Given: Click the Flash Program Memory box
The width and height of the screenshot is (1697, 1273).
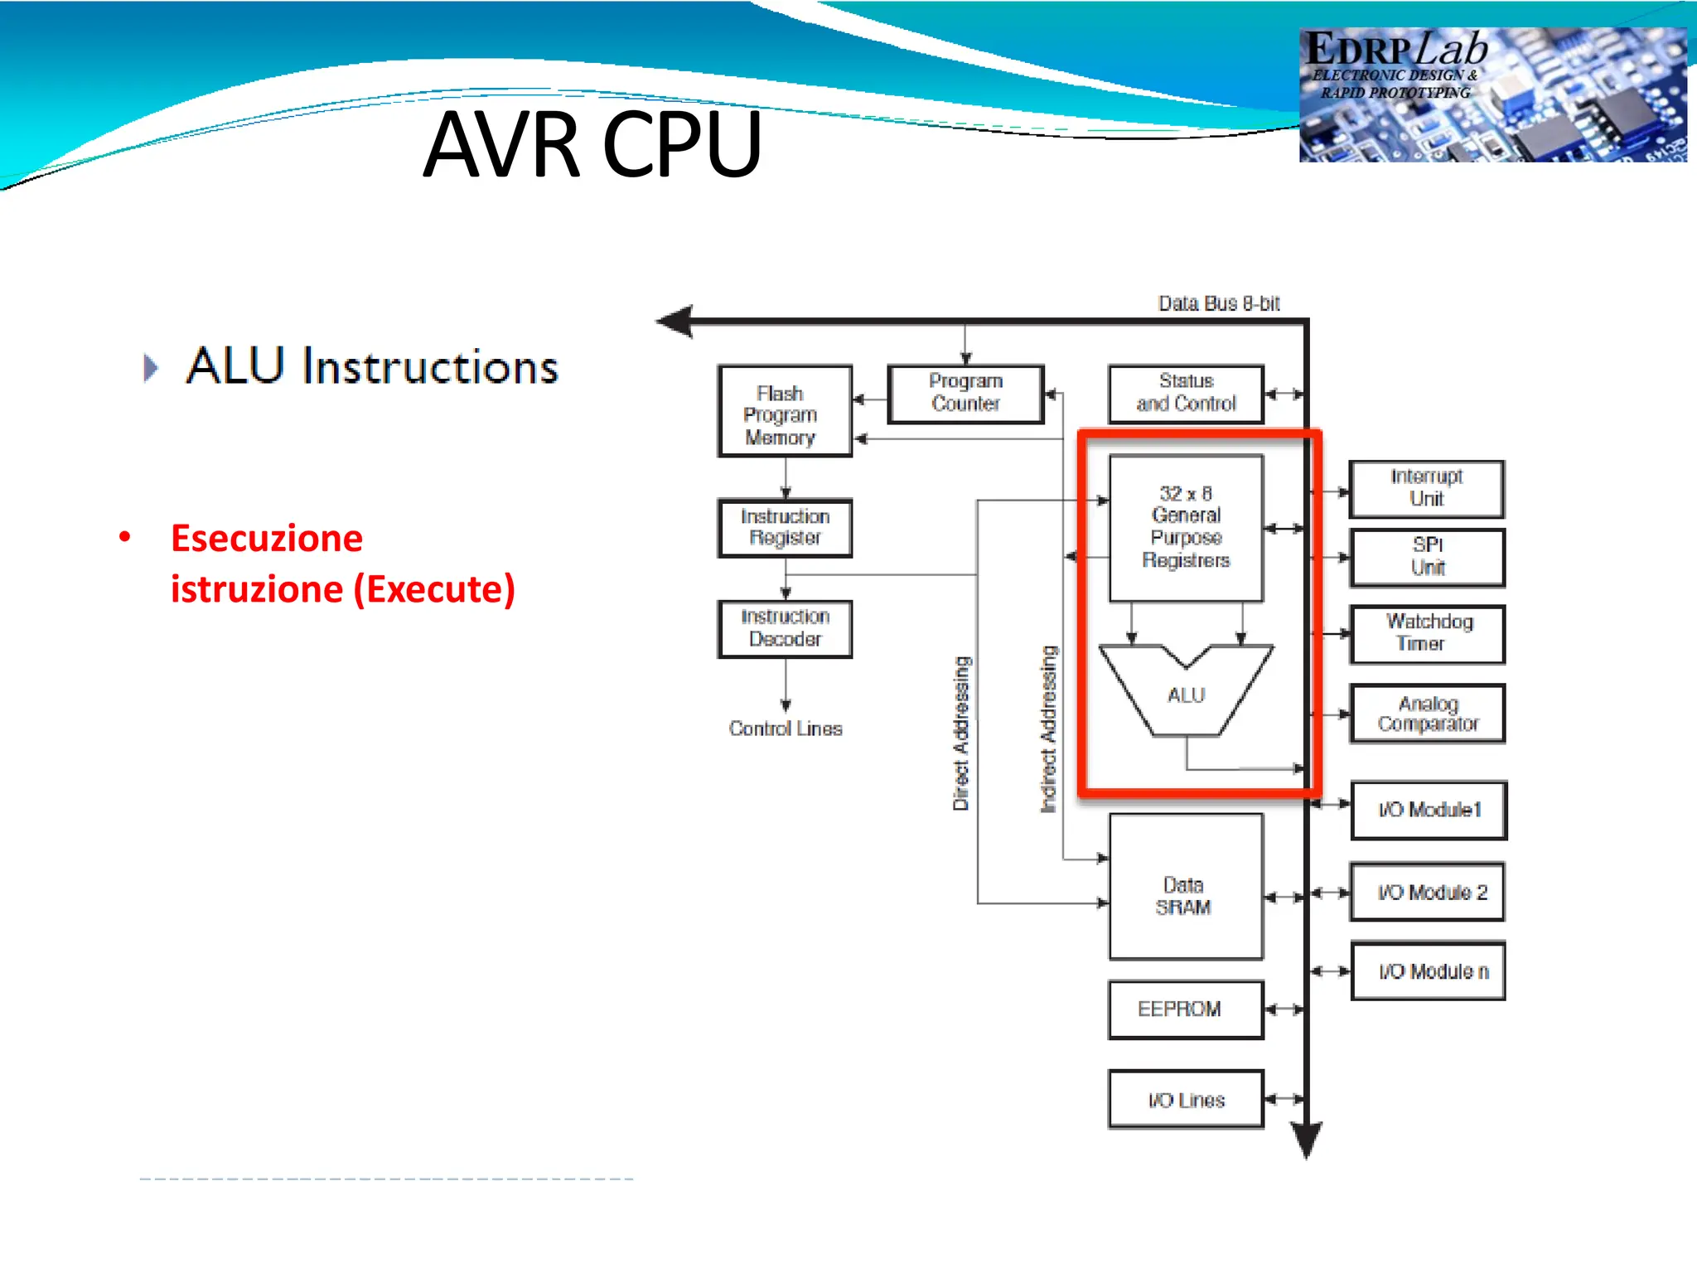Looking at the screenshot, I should click(784, 412).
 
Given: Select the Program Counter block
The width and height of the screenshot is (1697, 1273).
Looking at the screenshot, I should click(965, 394).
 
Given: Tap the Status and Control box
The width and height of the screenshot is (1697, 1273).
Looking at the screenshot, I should click(1186, 394).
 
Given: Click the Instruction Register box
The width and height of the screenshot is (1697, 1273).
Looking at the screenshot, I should click(785, 527).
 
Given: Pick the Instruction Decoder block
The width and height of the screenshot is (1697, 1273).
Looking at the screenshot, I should click(785, 628).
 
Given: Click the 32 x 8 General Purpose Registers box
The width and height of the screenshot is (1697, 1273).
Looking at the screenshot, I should click(1186, 527).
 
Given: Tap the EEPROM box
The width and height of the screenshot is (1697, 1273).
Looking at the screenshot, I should click(1185, 1009).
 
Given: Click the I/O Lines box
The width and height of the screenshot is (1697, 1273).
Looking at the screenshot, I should click(1185, 1100).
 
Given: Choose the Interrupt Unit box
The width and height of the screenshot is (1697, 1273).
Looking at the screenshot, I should click(1426, 488).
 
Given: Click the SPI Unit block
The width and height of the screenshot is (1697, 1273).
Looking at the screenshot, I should click(1427, 557).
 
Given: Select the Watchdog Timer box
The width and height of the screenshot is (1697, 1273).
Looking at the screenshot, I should click(1427, 634).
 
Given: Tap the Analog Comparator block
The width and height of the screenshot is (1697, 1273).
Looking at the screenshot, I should click(1427, 714).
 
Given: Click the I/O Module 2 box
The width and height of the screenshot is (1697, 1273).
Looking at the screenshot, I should click(1427, 893).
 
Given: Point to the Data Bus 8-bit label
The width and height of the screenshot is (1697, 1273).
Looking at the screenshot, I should click(1218, 303).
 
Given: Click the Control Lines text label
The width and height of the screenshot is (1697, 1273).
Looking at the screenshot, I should click(786, 728).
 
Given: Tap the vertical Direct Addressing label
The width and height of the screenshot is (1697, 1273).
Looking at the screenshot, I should click(960, 733).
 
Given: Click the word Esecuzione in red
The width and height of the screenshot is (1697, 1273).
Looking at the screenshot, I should click(267, 539).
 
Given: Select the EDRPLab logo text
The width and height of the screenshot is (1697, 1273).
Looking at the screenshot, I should click(1396, 50).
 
